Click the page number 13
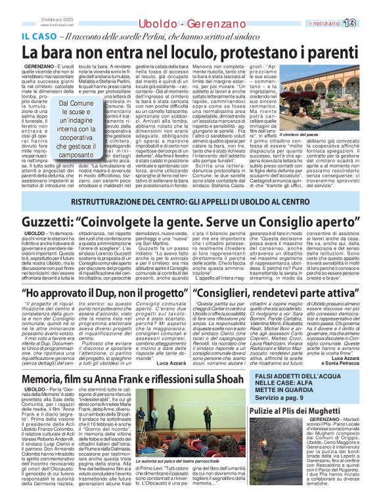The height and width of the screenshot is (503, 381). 365,22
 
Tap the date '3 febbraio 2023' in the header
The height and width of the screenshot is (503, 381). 56,18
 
